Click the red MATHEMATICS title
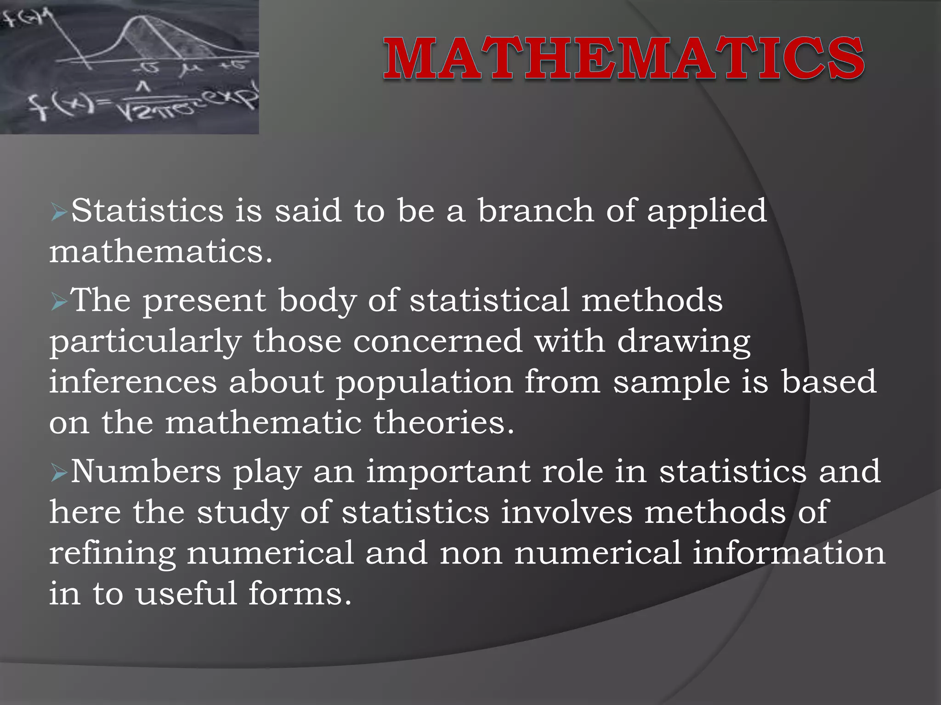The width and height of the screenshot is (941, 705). [x=624, y=58]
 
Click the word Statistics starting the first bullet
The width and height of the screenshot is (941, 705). [x=147, y=211]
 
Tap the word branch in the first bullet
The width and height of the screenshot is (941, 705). [x=535, y=211]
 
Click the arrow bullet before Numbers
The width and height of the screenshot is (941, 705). [x=59, y=473]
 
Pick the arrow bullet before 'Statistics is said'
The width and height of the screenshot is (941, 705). [x=59, y=213]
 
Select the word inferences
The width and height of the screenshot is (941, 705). [x=133, y=382]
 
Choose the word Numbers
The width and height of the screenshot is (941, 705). [x=146, y=471]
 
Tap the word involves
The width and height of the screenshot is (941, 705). [x=567, y=512]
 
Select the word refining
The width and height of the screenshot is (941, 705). [x=113, y=554]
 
